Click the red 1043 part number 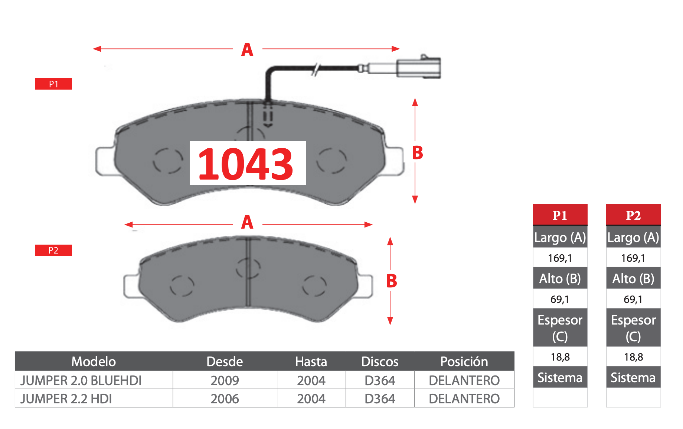pos(246,164)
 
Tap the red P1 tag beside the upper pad pos(53,84)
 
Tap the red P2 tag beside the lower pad pos(53,251)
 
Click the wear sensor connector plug pos(418,68)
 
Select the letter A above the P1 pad pos(247,49)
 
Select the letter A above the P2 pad pos(247,222)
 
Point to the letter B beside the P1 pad pos(418,153)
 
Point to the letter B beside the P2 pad pos(392,281)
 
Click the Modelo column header pos(94,361)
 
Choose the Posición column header pos(464,361)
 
